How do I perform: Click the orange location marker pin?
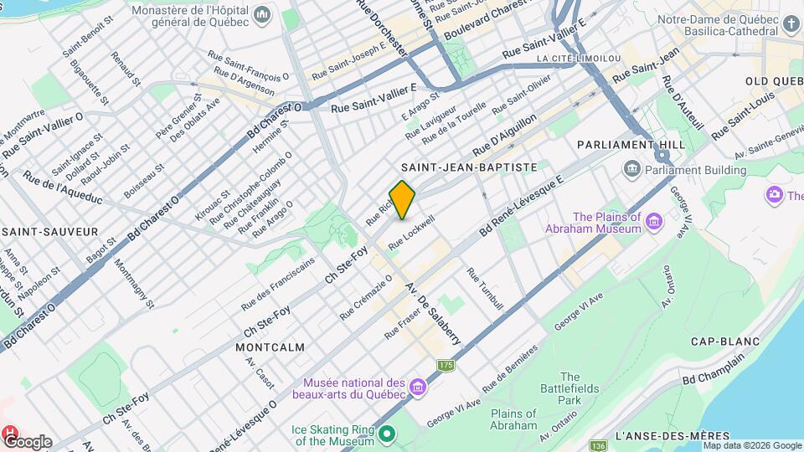tap(403, 199)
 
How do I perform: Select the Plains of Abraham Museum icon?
tap(654, 222)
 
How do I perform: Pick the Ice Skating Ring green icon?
tap(386, 434)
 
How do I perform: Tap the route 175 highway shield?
tap(446, 365)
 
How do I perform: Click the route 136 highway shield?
tap(597, 445)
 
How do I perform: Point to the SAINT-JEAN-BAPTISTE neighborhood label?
tap(469, 167)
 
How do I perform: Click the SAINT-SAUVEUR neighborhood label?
tap(50, 231)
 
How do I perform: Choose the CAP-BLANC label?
tap(724, 342)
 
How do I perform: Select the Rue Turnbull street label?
tap(485, 290)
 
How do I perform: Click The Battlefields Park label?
tap(570, 388)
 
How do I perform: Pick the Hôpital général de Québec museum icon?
tap(263, 15)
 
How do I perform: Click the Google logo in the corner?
tap(28, 441)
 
